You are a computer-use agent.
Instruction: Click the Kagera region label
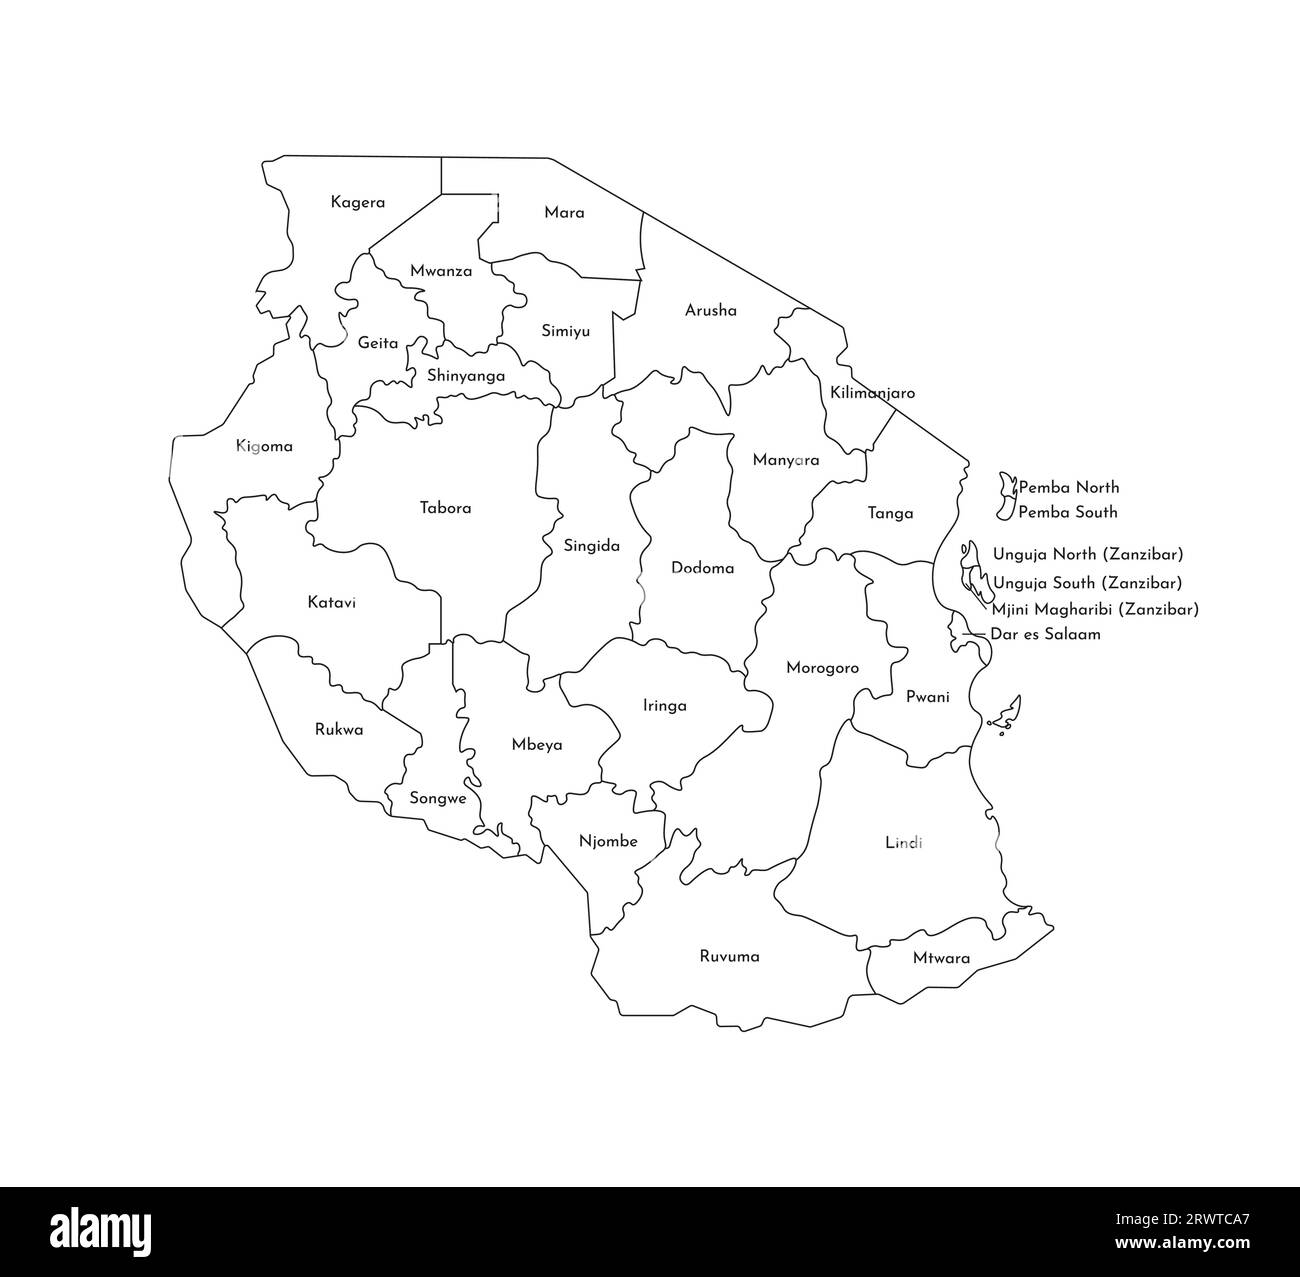click(x=357, y=203)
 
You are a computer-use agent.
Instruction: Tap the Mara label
click(x=564, y=213)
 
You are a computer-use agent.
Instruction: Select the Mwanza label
click(x=441, y=271)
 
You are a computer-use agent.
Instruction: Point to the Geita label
click(x=378, y=343)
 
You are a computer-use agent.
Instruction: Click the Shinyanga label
click(x=465, y=377)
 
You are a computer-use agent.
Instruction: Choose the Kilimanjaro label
click(x=872, y=394)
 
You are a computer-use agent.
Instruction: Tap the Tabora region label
click(x=445, y=508)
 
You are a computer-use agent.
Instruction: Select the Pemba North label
click(x=1068, y=488)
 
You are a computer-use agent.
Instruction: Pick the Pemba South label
click(x=1067, y=512)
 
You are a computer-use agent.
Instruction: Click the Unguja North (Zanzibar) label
click(x=1088, y=554)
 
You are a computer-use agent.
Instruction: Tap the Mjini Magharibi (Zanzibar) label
click(x=1095, y=609)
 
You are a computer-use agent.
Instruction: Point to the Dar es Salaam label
click(x=1045, y=634)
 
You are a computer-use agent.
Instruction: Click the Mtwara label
click(x=941, y=958)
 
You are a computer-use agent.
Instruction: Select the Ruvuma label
click(x=729, y=957)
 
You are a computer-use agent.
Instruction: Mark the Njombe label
click(x=608, y=842)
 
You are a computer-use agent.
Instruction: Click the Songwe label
click(x=438, y=799)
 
